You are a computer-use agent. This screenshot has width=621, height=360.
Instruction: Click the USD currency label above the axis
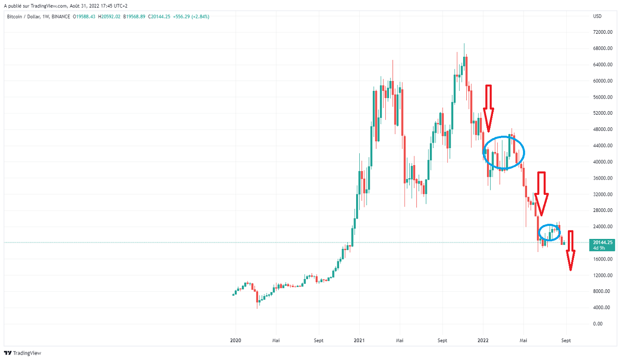[597, 17]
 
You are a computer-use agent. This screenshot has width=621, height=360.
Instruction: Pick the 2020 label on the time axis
[236, 341]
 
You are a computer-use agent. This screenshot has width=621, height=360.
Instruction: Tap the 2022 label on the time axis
[483, 341]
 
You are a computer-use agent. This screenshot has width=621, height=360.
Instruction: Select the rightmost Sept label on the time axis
[566, 341]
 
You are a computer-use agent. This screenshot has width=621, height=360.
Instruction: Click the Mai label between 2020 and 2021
[276, 341]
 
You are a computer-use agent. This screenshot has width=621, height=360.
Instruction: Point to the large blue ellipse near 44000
[504, 153]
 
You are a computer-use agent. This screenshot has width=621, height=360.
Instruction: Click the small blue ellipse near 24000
[550, 232]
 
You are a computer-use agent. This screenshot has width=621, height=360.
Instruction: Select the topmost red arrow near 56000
[488, 108]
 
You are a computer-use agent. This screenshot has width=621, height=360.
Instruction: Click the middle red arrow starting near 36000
[541, 193]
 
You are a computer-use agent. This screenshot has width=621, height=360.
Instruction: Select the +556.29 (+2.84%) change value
[193, 17]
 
